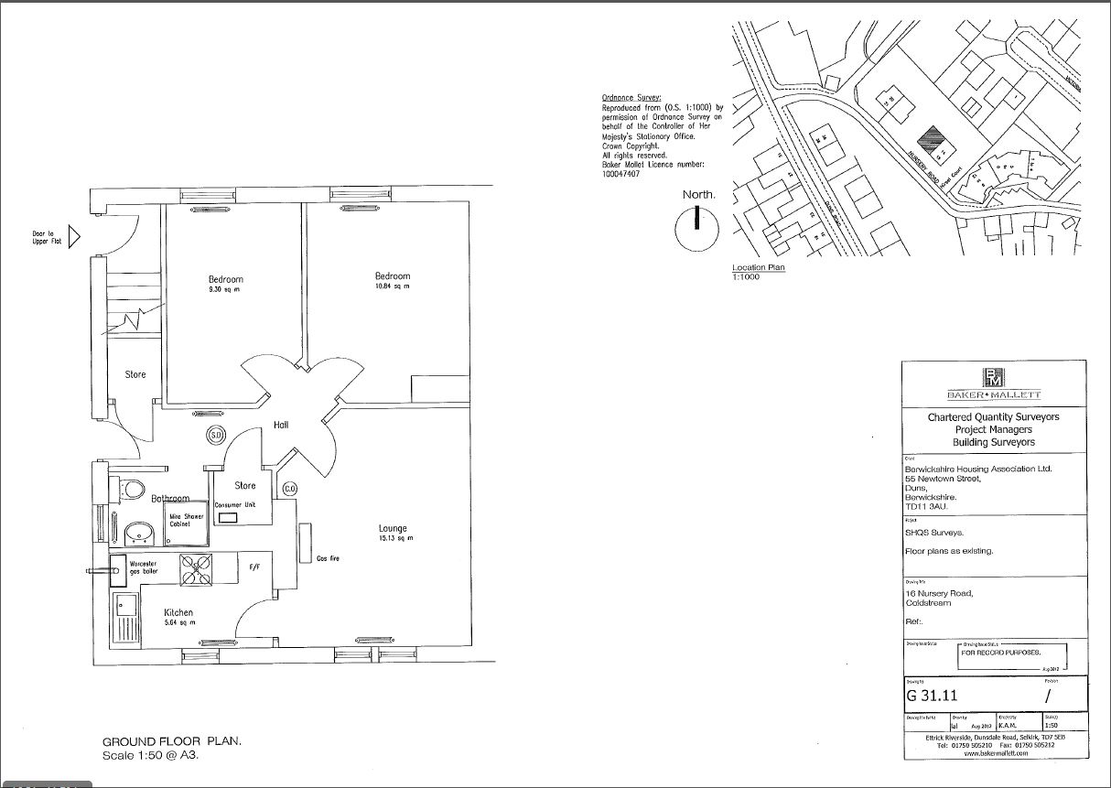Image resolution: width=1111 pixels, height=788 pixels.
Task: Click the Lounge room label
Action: (394, 528)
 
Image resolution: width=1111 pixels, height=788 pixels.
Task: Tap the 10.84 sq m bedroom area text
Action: (393, 287)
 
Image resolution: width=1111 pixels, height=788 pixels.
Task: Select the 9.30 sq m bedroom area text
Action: (225, 290)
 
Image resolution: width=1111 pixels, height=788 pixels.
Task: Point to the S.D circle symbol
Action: (216, 435)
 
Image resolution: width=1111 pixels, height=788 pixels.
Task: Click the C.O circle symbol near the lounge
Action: (290, 488)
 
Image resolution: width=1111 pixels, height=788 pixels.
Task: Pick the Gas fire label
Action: (329, 558)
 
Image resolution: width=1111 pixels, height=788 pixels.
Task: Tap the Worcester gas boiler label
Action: (144, 567)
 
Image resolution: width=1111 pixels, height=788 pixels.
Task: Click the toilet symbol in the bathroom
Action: (132, 489)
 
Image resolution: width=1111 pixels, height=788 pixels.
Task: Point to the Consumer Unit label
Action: (234, 505)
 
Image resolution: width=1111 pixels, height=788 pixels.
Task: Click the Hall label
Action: (282, 426)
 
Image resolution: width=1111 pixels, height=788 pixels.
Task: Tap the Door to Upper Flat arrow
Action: (75, 237)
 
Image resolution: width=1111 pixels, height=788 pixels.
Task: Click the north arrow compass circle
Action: (697, 228)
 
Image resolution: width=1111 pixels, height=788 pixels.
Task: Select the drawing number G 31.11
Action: (932, 695)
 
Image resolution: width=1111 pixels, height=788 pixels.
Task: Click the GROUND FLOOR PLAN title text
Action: (171, 741)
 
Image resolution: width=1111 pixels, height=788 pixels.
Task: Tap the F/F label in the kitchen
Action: (254, 567)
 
